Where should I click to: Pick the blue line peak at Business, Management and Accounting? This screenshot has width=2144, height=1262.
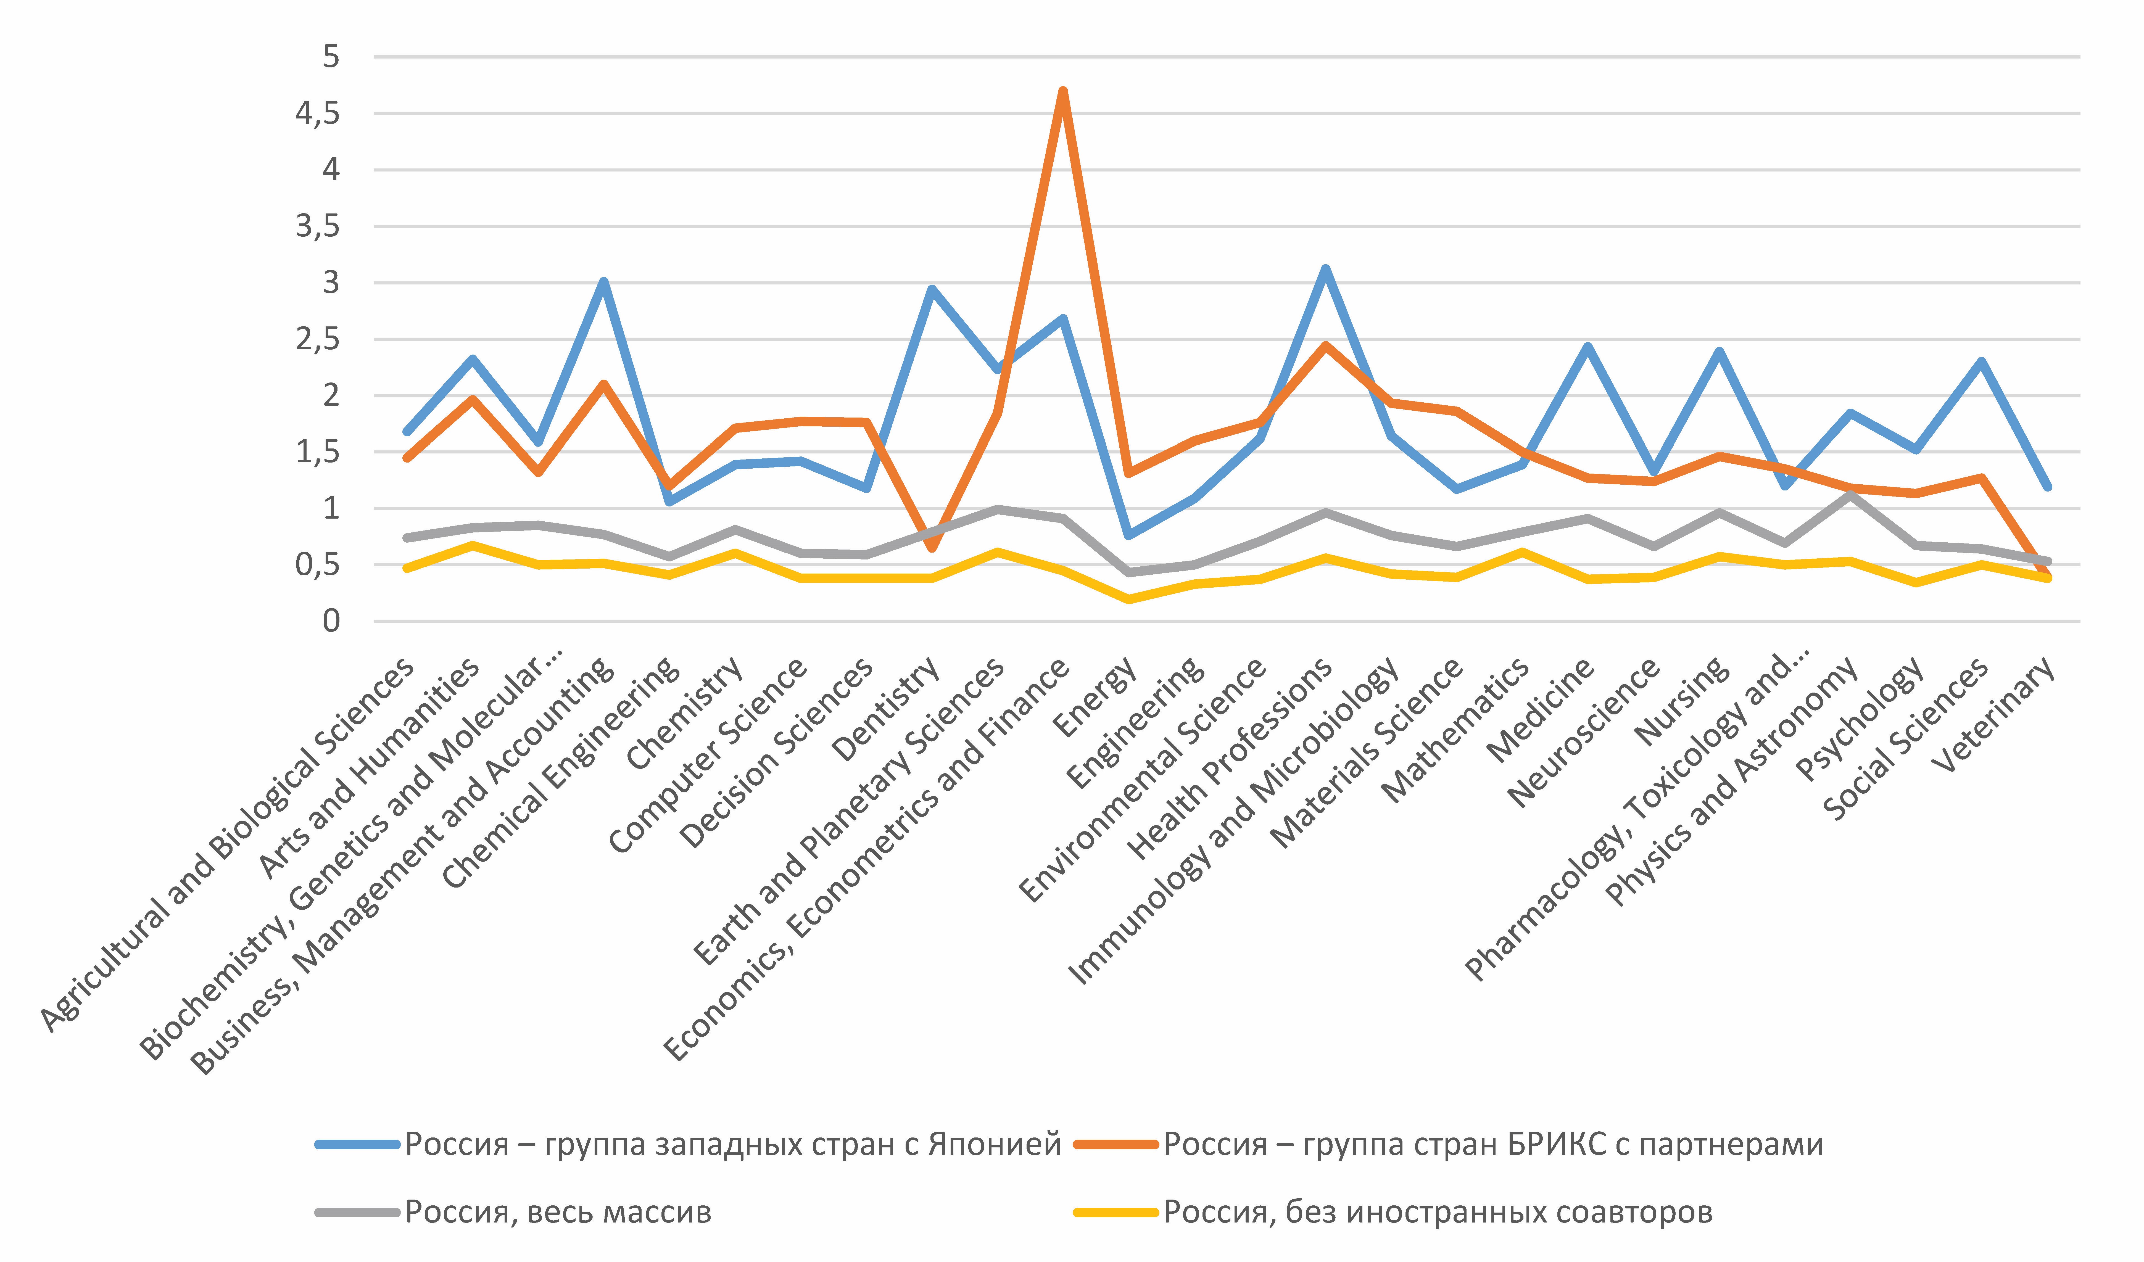[x=603, y=282]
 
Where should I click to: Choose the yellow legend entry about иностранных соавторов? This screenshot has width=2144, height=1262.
[x=1438, y=1212]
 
